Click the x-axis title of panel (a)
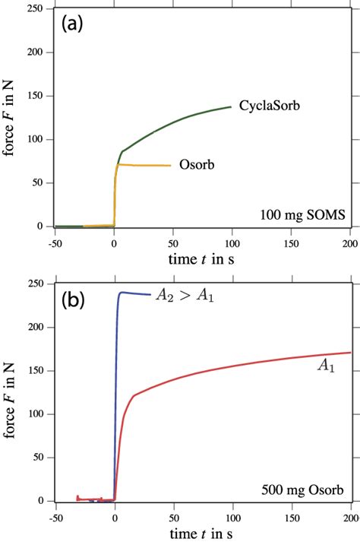pyautogui.click(x=202, y=259)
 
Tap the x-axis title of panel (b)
pyautogui.click(x=202, y=534)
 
